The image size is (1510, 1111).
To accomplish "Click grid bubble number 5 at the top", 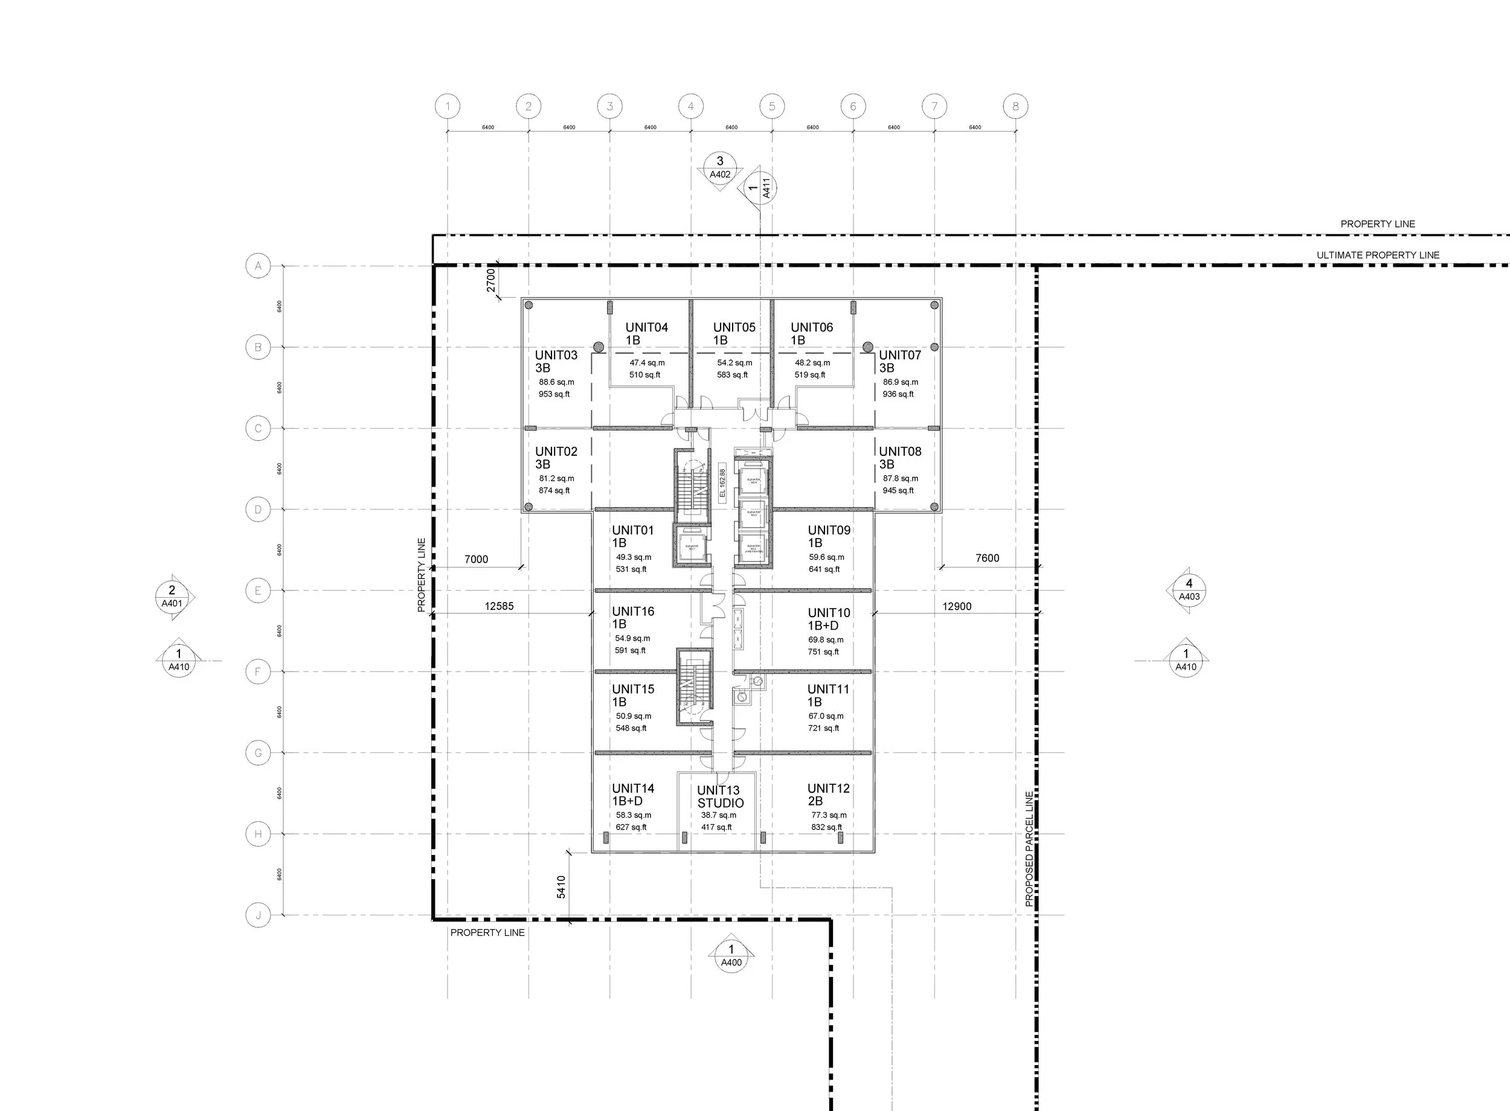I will (771, 106).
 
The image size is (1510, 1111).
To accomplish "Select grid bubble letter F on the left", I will (258, 672).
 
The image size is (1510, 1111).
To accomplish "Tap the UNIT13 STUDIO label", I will (720, 797).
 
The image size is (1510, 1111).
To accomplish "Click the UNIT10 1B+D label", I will (829, 619).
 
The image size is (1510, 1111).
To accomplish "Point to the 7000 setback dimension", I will (476, 560).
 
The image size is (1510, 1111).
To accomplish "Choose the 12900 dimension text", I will (957, 607).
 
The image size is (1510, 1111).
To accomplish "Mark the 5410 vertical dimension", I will (562, 886).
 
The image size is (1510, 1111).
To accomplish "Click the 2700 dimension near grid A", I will (491, 280).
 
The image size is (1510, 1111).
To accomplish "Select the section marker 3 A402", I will (720, 167).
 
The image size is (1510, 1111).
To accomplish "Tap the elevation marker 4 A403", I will (1189, 590).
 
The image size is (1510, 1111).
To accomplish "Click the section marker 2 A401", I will (172, 597).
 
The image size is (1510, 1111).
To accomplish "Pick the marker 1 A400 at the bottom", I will (731, 956).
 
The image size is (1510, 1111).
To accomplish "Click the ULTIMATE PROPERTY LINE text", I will (1378, 255).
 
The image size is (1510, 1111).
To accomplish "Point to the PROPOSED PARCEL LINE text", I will (1029, 849).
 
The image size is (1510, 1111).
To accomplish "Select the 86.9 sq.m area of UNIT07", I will (900, 382).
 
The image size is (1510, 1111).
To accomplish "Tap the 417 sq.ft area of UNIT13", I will (716, 827).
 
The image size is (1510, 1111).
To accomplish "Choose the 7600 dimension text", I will (987, 558).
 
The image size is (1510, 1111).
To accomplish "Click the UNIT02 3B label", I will (556, 458).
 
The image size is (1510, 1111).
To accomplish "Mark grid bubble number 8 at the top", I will (1015, 106).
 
